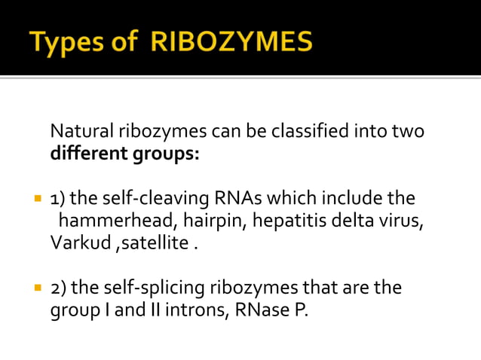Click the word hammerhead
point(106,221)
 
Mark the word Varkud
point(77,244)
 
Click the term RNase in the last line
point(259,310)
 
